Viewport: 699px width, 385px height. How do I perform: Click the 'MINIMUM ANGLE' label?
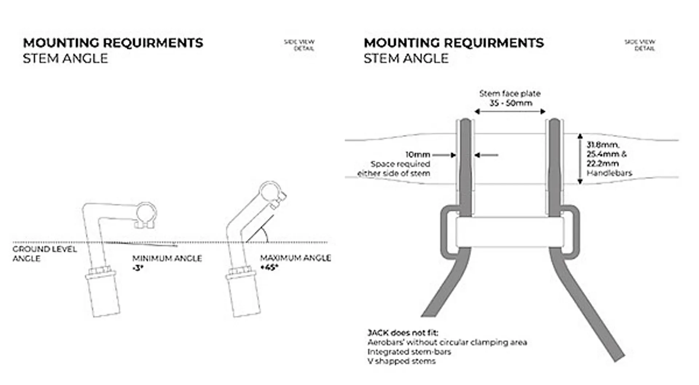tap(167, 258)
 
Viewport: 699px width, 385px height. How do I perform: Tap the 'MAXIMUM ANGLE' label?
tap(295, 258)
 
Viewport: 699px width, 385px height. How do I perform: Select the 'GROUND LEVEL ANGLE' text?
tap(44, 253)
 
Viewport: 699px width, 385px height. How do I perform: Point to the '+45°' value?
tap(269, 267)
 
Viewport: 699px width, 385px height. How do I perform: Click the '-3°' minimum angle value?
tap(138, 268)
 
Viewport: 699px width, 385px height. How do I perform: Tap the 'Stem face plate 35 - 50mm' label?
tap(510, 98)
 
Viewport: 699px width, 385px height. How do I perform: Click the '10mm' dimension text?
tap(418, 155)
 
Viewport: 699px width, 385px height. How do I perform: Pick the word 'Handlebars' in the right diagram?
tap(609, 173)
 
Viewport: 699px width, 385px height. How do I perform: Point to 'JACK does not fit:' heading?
tap(403, 333)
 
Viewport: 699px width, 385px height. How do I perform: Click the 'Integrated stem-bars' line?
tap(409, 352)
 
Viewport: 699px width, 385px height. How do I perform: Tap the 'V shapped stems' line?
tap(402, 361)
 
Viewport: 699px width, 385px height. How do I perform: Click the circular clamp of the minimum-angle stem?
tap(146, 213)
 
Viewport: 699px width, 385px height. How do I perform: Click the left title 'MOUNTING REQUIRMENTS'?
tap(113, 43)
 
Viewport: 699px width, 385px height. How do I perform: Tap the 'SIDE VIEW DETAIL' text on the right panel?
tap(640, 45)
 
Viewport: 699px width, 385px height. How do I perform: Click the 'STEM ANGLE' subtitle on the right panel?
tap(406, 58)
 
